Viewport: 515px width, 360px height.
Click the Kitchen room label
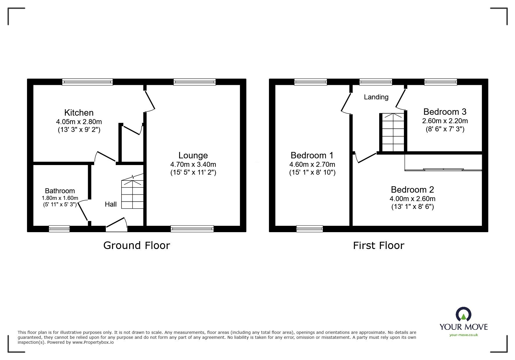click(x=79, y=113)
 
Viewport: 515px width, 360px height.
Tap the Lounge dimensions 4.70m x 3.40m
click(x=193, y=164)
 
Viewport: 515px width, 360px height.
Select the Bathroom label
click(x=60, y=191)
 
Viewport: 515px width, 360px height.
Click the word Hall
click(x=111, y=204)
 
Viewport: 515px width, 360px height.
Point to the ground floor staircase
click(x=132, y=194)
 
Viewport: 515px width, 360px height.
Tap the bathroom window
click(x=59, y=229)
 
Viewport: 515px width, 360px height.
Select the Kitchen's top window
click(x=87, y=82)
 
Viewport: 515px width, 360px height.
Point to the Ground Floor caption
click(x=136, y=246)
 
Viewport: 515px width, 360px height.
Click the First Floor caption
click(x=378, y=246)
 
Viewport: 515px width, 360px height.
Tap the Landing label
click(x=376, y=97)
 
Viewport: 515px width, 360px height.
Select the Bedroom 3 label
click(x=445, y=112)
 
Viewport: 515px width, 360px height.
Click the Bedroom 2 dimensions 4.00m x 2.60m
click(x=412, y=199)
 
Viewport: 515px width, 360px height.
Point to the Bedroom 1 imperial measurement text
click(x=312, y=173)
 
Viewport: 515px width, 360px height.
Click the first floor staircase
click(x=393, y=132)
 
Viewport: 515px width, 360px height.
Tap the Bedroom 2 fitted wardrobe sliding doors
click(x=443, y=169)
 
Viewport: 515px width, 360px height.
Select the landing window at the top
click(x=375, y=82)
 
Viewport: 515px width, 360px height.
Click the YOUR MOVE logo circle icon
click(x=463, y=314)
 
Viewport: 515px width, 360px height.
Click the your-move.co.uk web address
click(x=464, y=335)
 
